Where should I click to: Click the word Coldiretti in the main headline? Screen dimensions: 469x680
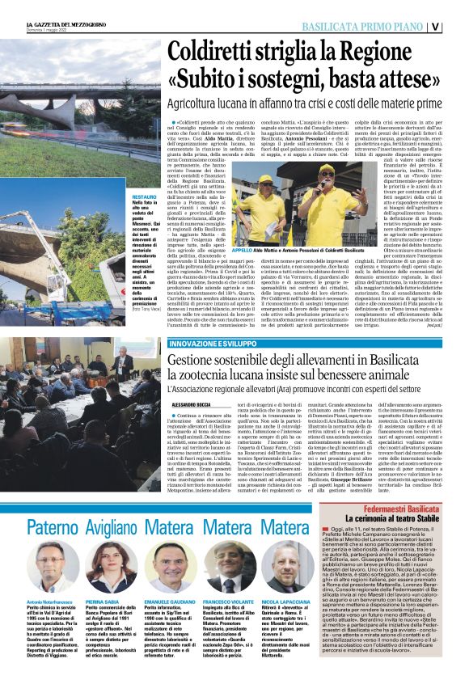click(205, 53)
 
